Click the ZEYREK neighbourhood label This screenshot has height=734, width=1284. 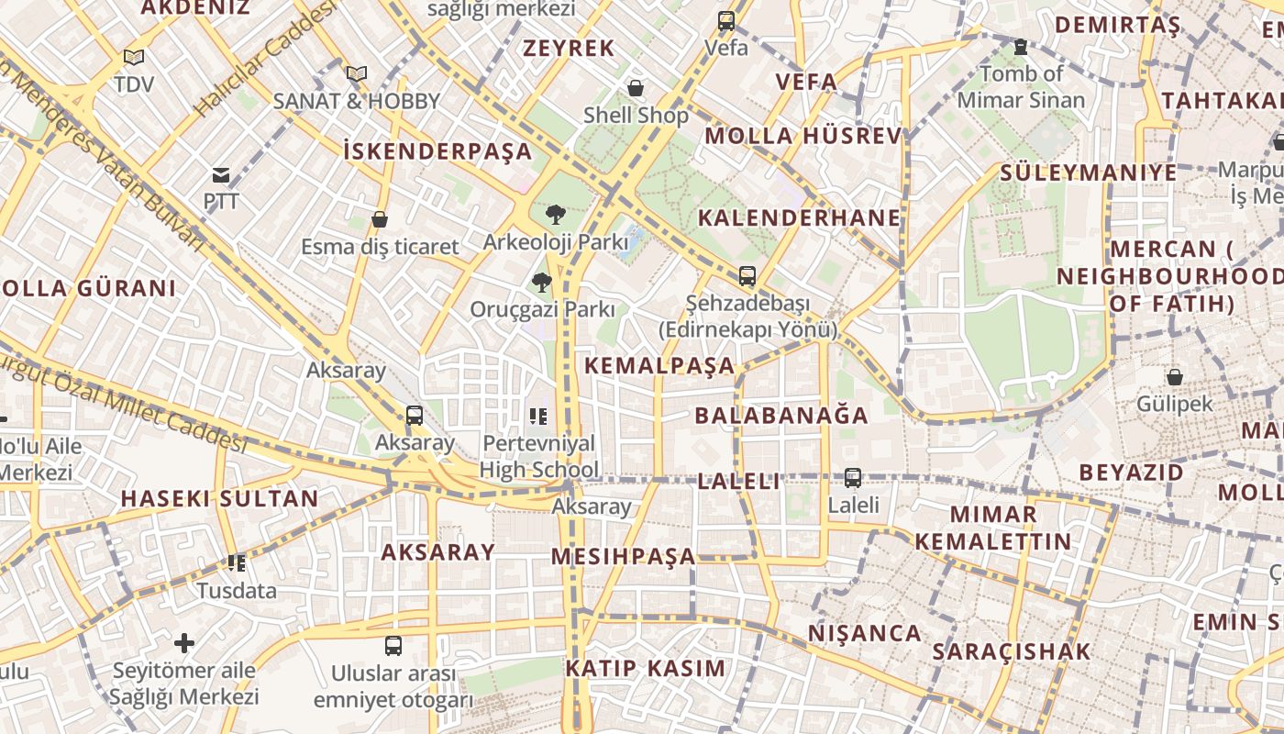tap(569, 49)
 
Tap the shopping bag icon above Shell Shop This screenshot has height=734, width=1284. tap(635, 88)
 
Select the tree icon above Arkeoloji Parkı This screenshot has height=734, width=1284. tap(554, 216)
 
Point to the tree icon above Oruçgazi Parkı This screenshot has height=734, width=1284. tap(542, 283)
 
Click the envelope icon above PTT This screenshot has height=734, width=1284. tap(221, 174)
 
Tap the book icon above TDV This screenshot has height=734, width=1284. tap(134, 57)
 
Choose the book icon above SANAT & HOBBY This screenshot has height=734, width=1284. tap(357, 73)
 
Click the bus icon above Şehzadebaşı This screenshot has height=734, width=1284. tap(747, 275)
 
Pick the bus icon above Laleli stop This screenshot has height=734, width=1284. tap(853, 477)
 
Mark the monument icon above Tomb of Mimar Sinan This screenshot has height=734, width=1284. tap(1020, 46)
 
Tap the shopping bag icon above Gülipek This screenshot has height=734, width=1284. tap(1174, 376)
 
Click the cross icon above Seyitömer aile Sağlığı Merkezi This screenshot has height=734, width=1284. tap(184, 642)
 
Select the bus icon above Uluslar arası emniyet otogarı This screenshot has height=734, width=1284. tap(393, 645)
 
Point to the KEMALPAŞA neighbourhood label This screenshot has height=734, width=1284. tap(659, 366)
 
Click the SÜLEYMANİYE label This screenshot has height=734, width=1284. tap(1088, 172)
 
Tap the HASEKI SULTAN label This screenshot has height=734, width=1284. tap(220, 499)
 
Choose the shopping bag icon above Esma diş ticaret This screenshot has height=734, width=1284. tap(380, 219)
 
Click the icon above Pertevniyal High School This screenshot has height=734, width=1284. tap(538, 417)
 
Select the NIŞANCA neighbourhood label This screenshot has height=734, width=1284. tap(864, 634)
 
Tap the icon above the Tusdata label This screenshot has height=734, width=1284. tap(237, 562)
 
